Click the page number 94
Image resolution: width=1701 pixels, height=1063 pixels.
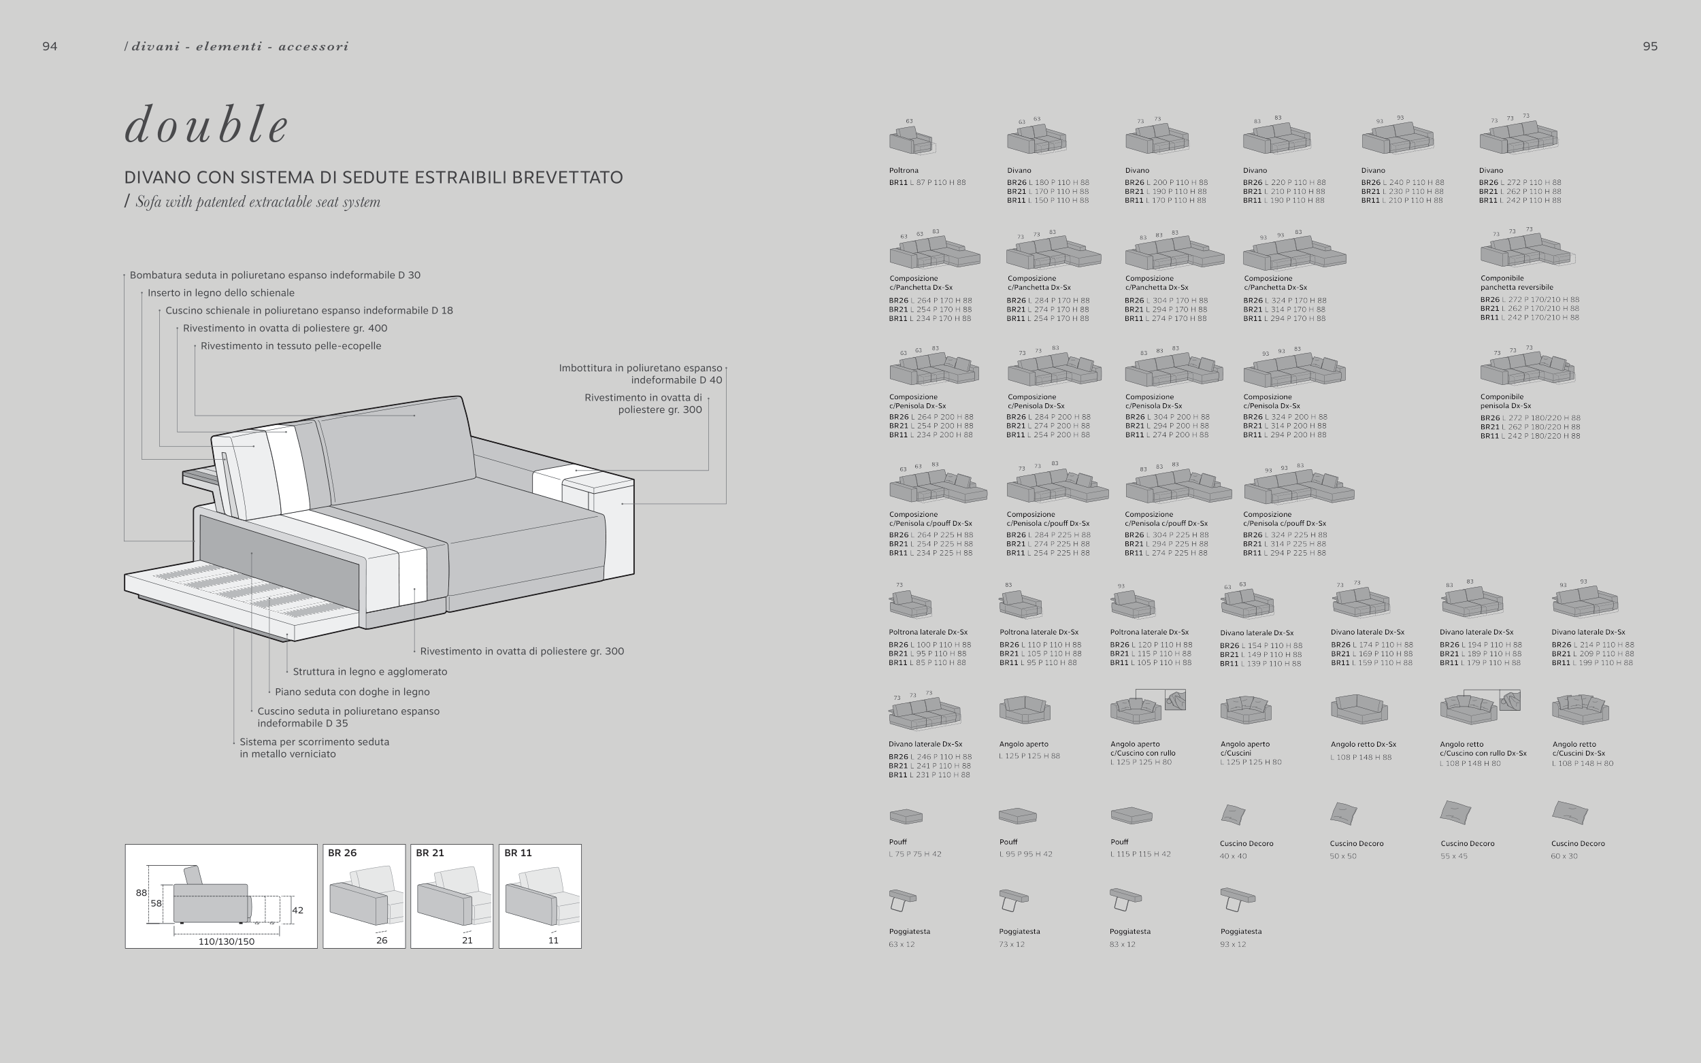click(x=50, y=46)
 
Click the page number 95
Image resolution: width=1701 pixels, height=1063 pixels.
click(x=1650, y=46)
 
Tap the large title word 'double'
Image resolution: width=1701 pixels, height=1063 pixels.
click(x=207, y=125)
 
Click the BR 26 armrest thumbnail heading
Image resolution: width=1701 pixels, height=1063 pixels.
click(x=342, y=853)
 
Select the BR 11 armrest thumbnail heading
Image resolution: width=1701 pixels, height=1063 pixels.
click(x=518, y=853)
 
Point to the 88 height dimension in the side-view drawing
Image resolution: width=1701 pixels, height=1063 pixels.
click(x=142, y=893)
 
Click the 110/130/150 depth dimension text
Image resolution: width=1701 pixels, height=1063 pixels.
click(x=227, y=941)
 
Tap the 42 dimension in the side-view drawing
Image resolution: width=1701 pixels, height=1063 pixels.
click(x=297, y=910)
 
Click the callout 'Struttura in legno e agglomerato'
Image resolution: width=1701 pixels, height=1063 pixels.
click(x=370, y=671)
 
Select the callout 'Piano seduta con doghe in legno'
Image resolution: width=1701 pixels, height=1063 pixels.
click(x=352, y=692)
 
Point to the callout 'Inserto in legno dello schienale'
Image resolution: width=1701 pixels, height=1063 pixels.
click(x=221, y=292)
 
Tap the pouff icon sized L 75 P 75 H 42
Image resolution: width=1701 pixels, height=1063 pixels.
click(x=906, y=816)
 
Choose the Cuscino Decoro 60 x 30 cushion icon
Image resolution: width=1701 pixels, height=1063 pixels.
click(x=1570, y=813)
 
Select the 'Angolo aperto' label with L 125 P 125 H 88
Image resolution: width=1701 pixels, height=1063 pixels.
click(x=1024, y=744)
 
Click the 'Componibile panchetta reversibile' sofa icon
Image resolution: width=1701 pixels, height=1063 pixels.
click(x=1526, y=250)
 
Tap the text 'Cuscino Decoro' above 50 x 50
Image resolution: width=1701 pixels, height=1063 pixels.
click(x=1357, y=843)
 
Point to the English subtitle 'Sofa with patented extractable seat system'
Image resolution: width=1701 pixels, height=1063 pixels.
click(x=257, y=203)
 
